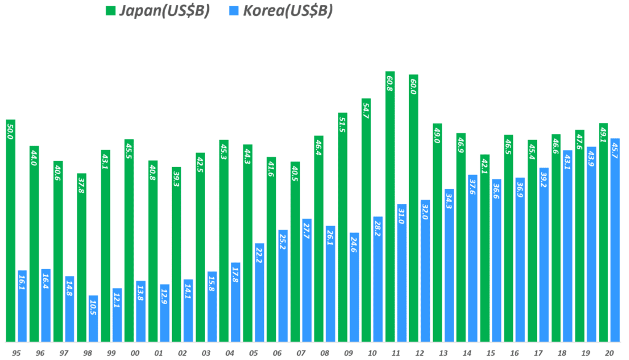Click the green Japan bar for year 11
pyautogui.click(x=390, y=209)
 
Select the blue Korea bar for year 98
pyautogui.click(x=93, y=319)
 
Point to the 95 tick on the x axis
pyautogui.click(x=16, y=353)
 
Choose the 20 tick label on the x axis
pyautogui.click(x=609, y=353)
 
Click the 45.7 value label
pyautogui.click(x=615, y=150)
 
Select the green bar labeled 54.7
pyautogui.click(x=366, y=221)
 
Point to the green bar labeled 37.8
pyautogui.click(x=82, y=258)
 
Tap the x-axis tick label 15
pyautogui.click(x=490, y=353)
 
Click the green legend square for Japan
pyautogui.click(x=111, y=10)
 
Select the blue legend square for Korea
pyautogui.click(x=234, y=10)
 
